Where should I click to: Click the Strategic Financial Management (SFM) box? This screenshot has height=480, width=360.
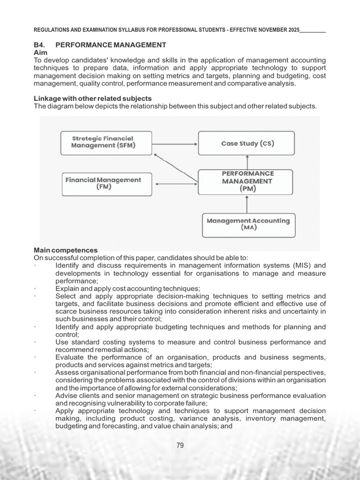click(106, 142)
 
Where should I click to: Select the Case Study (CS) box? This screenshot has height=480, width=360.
click(247, 143)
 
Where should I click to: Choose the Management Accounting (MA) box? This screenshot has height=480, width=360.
click(248, 225)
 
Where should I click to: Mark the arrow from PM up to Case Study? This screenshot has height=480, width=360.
click(247, 162)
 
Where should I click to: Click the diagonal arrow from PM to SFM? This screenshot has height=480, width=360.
click(176, 167)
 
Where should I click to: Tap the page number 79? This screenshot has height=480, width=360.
click(180, 445)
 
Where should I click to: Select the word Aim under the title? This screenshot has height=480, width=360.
click(40, 53)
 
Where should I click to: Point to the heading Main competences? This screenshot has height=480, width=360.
click(66, 250)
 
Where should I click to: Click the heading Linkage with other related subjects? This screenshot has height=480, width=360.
click(92, 98)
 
